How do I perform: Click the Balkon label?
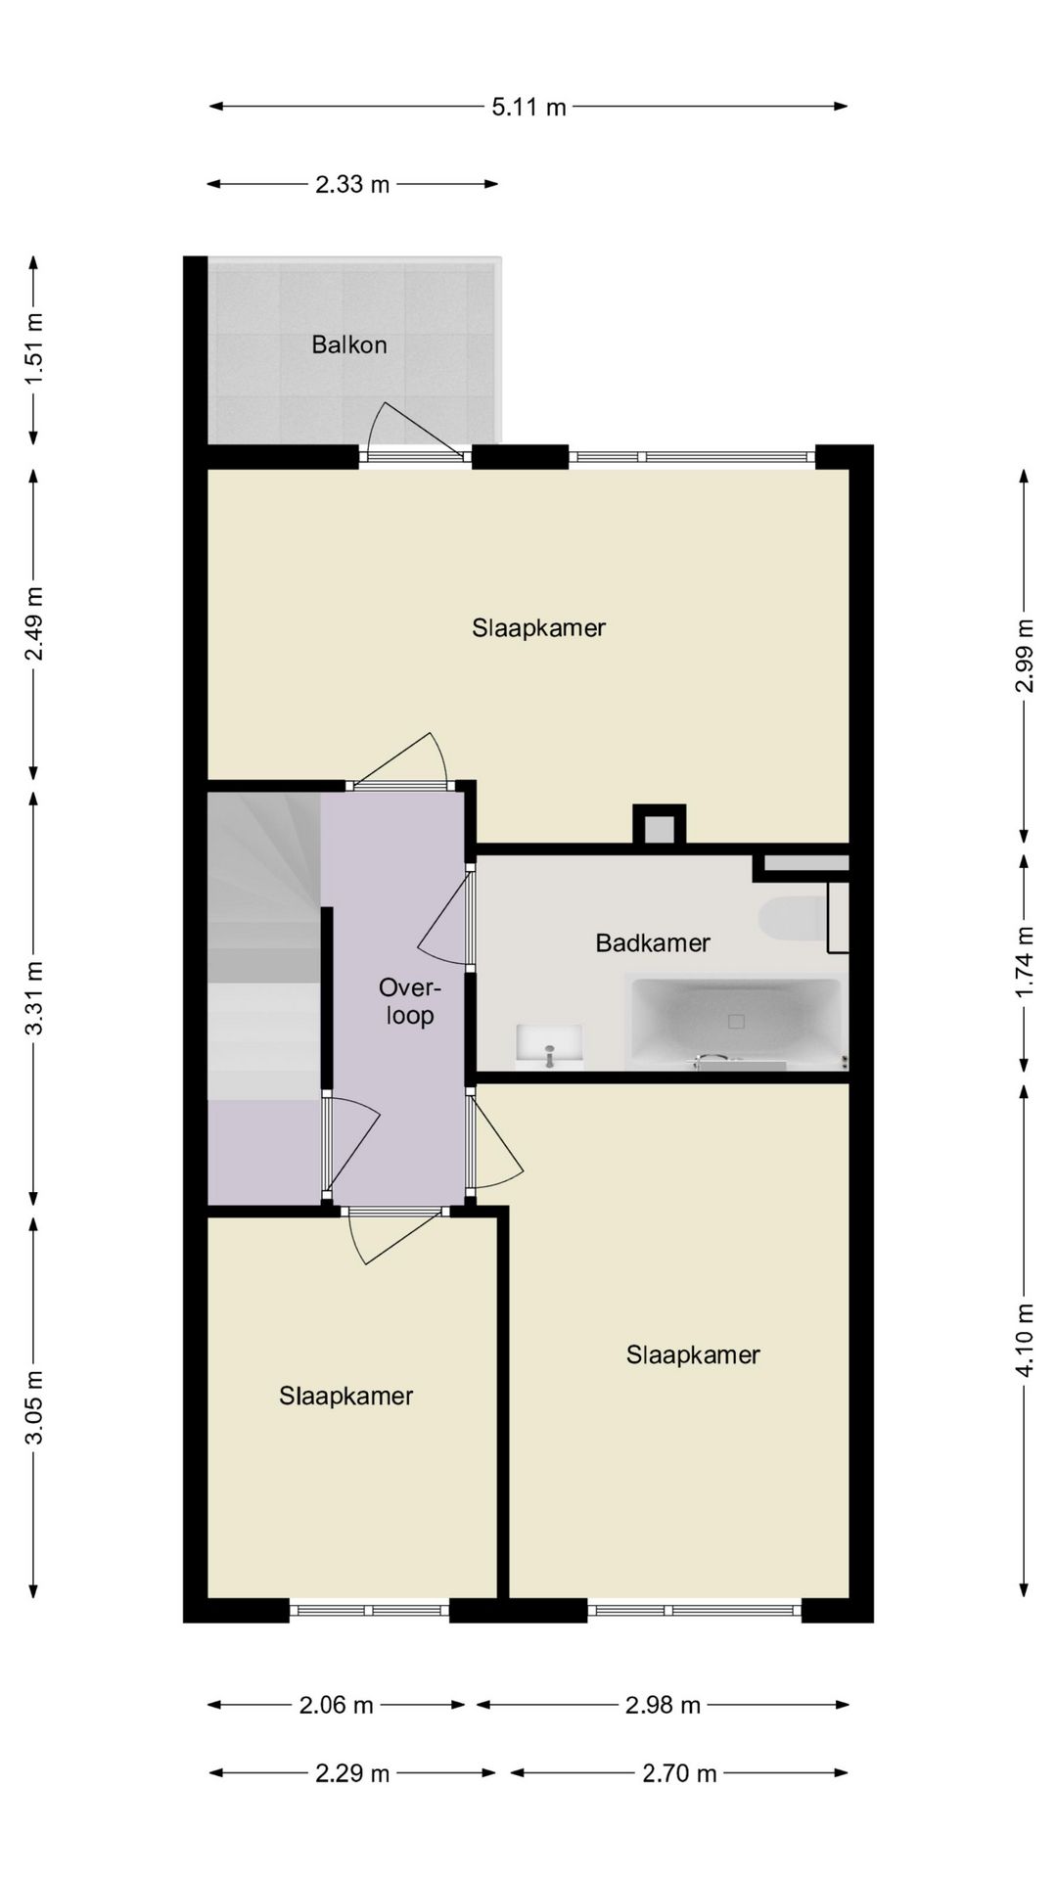click(x=349, y=344)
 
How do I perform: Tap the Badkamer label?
click(x=653, y=942)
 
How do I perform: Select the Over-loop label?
click(x=410, y=1001)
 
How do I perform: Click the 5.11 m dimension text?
click(x=528, y=107)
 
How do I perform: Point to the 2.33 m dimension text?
click(x=352, y=184)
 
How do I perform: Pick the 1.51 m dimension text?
click(x=34, y=348)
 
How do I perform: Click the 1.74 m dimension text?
click(x=1024, y=962)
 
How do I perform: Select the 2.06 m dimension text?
click(x=336, y=1705)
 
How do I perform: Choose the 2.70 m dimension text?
click(x=679, y=1772)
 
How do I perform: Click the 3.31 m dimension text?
click(x=34, y=998)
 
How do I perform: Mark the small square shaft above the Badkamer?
click(x=659, y=825)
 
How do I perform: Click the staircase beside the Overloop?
click(x=264, y=944)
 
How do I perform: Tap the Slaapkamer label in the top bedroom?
click(x=538, y=627)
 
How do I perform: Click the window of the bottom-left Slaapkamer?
click(x=369, y=1610)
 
